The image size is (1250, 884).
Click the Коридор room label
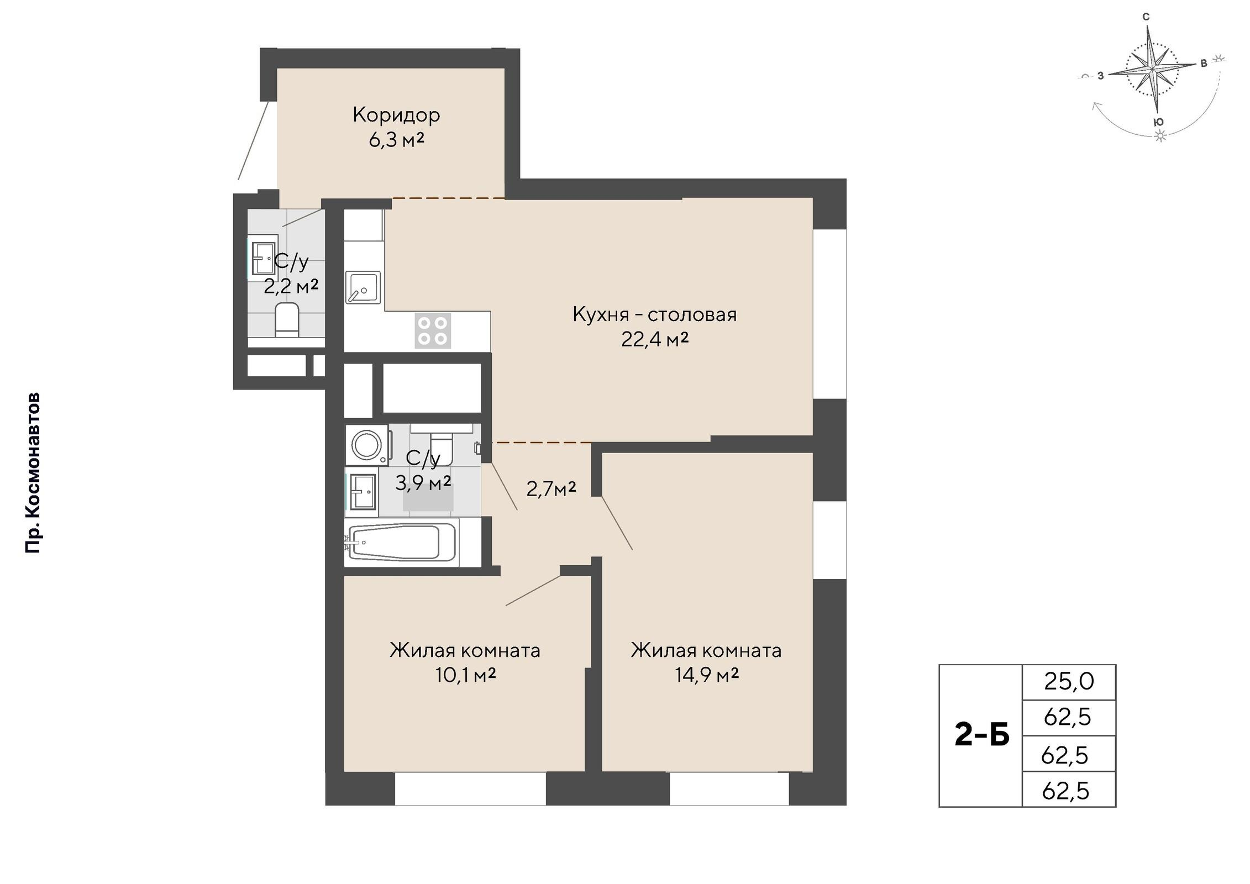(396, 115)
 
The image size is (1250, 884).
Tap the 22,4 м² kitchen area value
(655, 339)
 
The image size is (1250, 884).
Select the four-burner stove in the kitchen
(433, 330)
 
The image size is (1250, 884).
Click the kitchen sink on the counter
(363, 287)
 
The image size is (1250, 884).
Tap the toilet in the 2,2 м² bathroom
(287, 320)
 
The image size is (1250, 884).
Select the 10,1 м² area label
(465, 675)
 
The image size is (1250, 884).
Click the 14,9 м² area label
(707, 675)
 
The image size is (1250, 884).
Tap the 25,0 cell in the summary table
(1069, 682)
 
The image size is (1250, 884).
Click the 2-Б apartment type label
(982, 735)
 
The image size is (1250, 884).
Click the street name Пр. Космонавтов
(33, 473)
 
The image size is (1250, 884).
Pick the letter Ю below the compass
(1159, 122)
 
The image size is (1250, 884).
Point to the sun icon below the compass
(1160, 136)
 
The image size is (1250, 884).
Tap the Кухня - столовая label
(655, 314)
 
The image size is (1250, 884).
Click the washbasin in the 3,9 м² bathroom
(362, 491)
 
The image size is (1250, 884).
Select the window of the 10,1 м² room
(470, 788)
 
